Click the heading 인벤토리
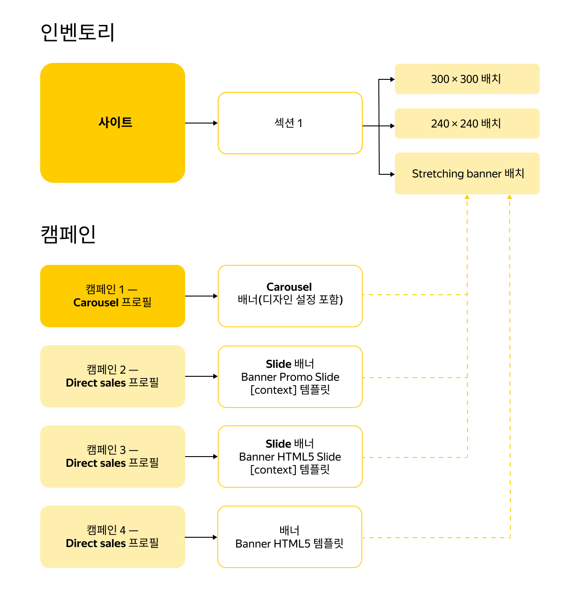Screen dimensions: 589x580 coord(78,33)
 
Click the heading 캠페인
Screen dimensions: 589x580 coord(68,234)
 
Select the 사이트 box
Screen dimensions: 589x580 coord(112,123)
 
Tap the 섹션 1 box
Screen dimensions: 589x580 coord(290,123)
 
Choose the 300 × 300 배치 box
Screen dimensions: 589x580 coord(467,79)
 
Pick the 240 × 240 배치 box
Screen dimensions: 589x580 coord(467,124)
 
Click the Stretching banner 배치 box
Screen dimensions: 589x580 coord(467,173)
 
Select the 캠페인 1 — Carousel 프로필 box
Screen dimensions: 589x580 coord(112,296)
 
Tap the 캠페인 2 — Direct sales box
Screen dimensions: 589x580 coord(112,376)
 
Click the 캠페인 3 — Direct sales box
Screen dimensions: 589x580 coord(112,457)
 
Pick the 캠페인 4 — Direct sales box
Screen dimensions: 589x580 coord(112,537)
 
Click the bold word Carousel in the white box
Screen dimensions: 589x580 coord(289,287)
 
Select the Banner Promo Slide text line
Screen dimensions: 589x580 coord(290,377)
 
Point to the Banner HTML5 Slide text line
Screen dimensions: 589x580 coord(290,457)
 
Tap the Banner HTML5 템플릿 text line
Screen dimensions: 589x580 coord(290,544)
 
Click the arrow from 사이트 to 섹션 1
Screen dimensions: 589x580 coord(201,123)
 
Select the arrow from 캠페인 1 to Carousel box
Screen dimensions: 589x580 coord(201,296)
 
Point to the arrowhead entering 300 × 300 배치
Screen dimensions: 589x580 coord(392,80)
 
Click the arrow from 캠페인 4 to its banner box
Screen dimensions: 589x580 coord(201,537)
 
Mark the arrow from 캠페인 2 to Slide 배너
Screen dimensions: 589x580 coord(201,376)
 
